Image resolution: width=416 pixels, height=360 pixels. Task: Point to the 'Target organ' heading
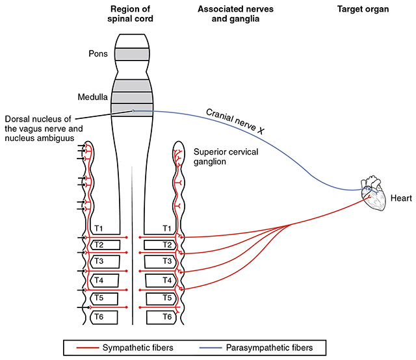click(x=361, y=10)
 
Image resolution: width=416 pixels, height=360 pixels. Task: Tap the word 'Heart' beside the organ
click(x=400, y=196)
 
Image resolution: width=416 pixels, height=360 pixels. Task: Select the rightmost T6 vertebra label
click(x=166, y=316)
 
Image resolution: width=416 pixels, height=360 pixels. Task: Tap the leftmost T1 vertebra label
click(x=98, y=228)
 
